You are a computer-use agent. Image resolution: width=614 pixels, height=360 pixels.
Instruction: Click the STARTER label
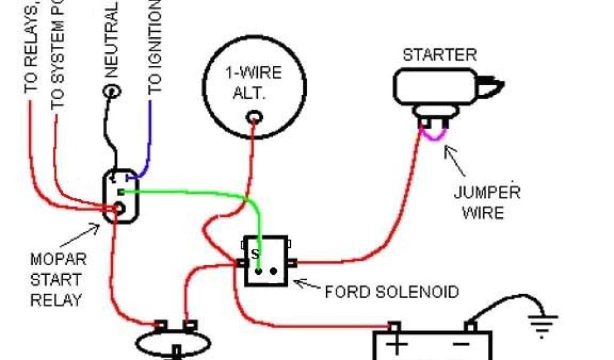(x=440, y=55)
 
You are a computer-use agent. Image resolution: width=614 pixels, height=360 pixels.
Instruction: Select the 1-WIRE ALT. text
(x=253, y=83)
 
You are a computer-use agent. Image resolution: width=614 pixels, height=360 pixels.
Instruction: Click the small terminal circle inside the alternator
(x=255, y=116)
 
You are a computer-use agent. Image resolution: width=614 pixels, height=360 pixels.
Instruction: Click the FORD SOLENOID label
(x=392, y=292)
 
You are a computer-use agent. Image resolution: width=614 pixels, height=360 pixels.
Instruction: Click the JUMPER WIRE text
(x=486, y=203)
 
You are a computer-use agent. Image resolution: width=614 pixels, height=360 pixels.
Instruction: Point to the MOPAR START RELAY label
(x=58, y=280)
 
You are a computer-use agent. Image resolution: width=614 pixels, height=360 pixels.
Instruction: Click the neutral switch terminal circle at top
(x=112, y=91)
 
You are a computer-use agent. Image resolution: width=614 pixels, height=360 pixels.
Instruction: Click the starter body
(x=435, y=86)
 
